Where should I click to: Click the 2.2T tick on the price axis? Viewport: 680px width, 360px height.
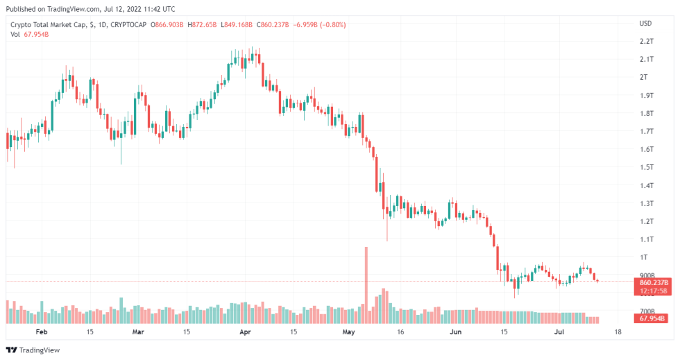(x=647, y=42)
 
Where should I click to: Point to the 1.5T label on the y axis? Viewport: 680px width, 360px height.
(x=647, y=167)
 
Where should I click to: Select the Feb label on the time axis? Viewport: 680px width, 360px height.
(x=42, y=332)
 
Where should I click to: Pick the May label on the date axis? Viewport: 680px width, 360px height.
(x=348, y=332)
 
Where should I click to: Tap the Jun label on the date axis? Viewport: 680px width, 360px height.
(x=455, y=332)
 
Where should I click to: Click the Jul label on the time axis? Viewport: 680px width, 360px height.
(x=559, y=332)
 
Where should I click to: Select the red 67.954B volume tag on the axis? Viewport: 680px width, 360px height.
(x=651, y=319)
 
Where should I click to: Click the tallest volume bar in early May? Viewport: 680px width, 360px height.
(x=365, y=284)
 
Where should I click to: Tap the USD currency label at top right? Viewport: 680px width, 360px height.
(x=645, y=24)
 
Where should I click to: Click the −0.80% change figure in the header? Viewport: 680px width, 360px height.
(x=334, y=25)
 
